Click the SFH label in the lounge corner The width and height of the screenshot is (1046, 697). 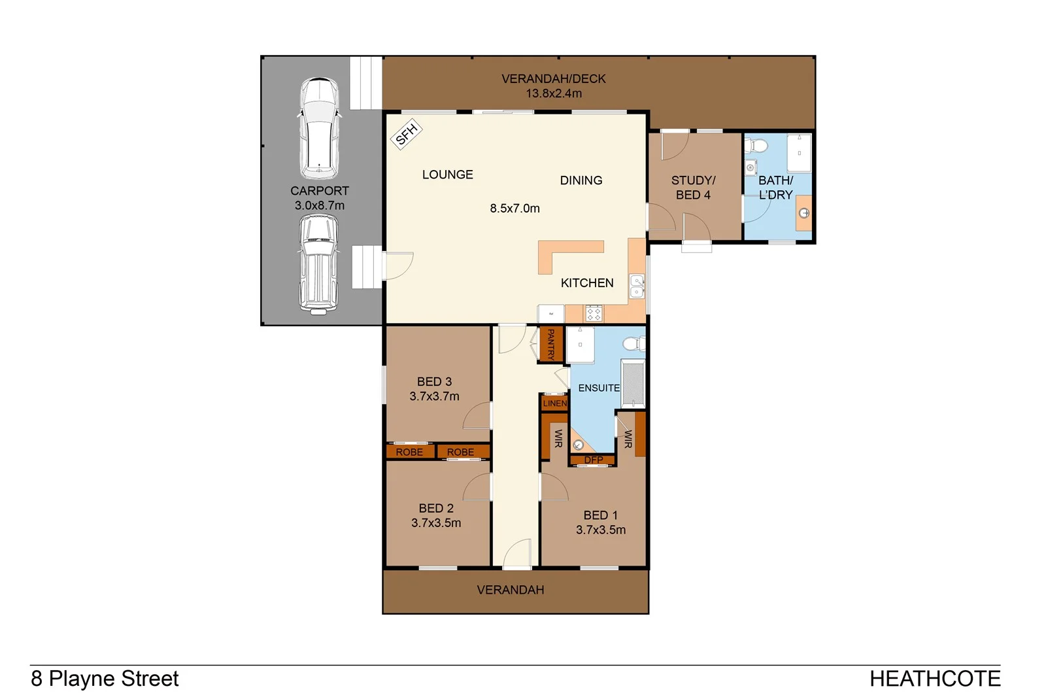click(406, 134)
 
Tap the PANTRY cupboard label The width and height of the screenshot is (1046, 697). click(550, 344)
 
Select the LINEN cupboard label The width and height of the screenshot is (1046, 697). click(554, 403)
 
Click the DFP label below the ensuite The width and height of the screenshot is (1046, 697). click(594, 460)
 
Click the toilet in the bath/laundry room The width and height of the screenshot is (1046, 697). click(758, 147)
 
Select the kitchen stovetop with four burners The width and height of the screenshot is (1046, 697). click(594, 313)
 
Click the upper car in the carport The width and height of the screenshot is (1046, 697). click(319, 128)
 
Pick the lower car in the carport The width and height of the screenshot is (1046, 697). click(318, 265)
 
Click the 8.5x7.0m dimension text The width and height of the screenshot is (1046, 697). click(515, 209)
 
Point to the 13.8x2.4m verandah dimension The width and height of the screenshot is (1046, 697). click(553, 93)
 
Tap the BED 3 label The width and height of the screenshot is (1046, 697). click(434, 381)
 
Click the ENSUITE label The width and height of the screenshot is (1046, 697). click(598, 388)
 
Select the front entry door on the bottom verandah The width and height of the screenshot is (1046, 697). click(516, 554)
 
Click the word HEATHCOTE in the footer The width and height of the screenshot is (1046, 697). click(934, 679)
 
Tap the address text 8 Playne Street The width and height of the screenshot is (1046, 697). click(105, 679)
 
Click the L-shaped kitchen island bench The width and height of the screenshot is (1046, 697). click(562, 252)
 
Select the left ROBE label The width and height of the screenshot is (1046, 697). click(409, 452)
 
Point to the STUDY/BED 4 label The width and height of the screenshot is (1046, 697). click(693, 188)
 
